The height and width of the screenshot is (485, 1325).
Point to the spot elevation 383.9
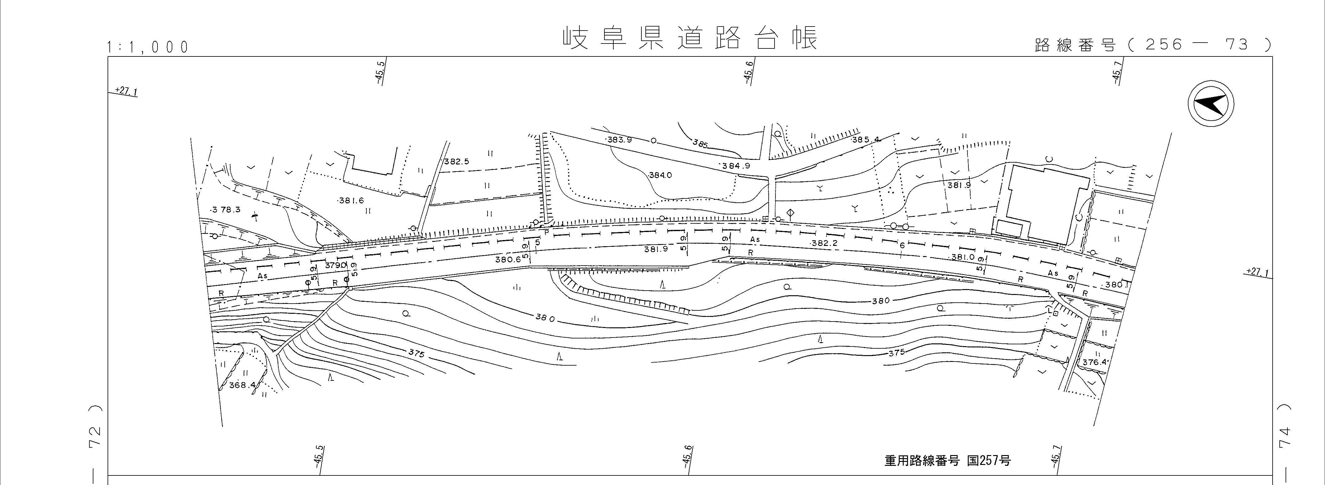coord(619,140)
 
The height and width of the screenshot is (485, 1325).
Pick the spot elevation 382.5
coord(456,162)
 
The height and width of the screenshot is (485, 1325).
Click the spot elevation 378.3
coord(226,209)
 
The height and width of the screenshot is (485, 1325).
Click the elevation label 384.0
coord(660,175)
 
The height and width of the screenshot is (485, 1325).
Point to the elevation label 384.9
coord(735,166)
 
